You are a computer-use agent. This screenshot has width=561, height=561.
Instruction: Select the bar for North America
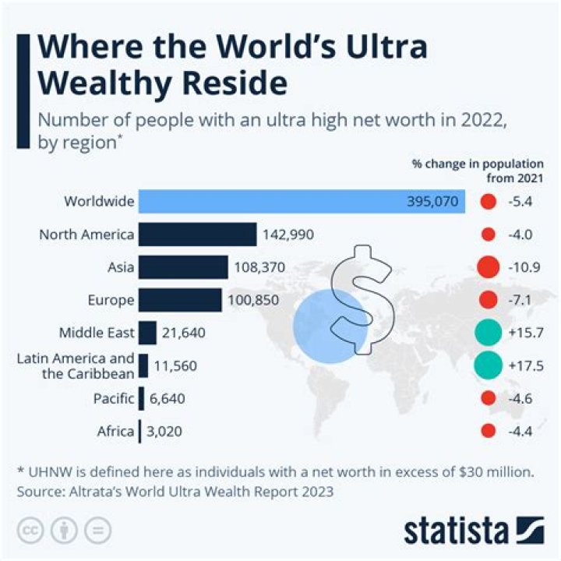[198, 234]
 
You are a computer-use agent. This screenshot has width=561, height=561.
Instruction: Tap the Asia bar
[183, 267]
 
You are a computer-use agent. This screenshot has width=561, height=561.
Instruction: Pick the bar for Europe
[180, 300]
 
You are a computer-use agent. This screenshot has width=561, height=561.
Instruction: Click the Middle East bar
[147, 333]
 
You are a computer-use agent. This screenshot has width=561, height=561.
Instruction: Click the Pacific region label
[113, 398]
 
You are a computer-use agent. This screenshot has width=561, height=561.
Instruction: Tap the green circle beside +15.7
[487, 333]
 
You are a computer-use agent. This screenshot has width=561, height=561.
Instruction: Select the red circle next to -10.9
[488, 266]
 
